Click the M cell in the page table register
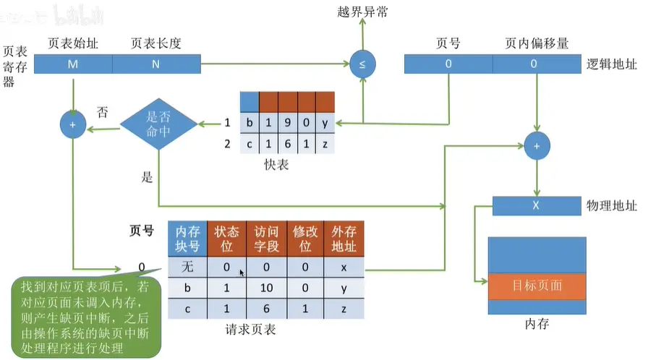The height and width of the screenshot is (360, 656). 73,64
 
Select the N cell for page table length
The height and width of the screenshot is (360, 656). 156,64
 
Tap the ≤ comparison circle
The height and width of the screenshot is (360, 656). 362,64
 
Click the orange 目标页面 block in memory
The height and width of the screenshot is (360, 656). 537,286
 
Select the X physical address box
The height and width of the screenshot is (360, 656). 536,205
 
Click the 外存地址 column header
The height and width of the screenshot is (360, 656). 344,239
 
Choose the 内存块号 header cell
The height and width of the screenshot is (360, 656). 187,239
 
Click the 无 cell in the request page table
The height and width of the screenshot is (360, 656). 187,267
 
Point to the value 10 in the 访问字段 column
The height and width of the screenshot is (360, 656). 266,288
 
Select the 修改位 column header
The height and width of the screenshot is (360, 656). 305,239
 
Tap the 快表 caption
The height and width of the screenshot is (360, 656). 277,164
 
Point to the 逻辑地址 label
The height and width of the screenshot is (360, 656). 612,64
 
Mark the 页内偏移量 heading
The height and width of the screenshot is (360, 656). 537,43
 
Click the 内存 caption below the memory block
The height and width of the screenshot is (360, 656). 537,325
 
